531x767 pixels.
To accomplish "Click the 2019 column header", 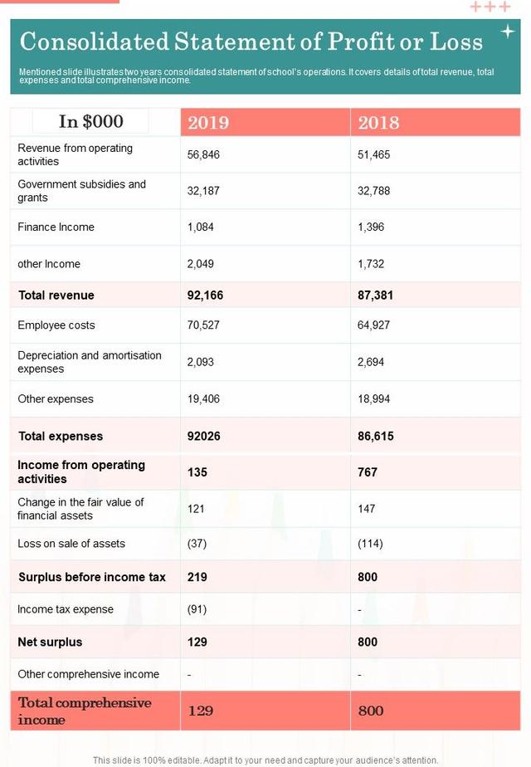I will pos(208,123).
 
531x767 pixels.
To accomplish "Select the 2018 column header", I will pos(378,123).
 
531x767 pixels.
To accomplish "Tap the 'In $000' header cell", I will pos(91,122).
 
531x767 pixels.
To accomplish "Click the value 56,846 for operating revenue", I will pos(204,154).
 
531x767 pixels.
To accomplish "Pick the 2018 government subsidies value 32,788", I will pos(373,191).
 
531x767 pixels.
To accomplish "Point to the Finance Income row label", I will pos(56,227).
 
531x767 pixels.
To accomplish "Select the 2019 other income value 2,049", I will pos(202,264).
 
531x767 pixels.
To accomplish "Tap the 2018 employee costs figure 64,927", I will pos(373,325).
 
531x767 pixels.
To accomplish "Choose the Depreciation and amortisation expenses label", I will pos(90,362).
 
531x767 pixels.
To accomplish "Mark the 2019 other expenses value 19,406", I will pos(204,399).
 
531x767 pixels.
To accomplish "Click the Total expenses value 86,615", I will pos(375,437).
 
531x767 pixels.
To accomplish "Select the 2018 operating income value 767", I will pos(368,472).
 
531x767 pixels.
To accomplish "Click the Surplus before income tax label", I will pos(92,577).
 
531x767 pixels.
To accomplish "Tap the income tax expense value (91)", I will pos(197,609).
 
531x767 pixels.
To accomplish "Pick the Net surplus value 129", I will pos(198,642).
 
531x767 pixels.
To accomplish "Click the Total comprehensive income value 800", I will pos(371,711).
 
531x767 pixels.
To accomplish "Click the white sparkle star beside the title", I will pos(508,32).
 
